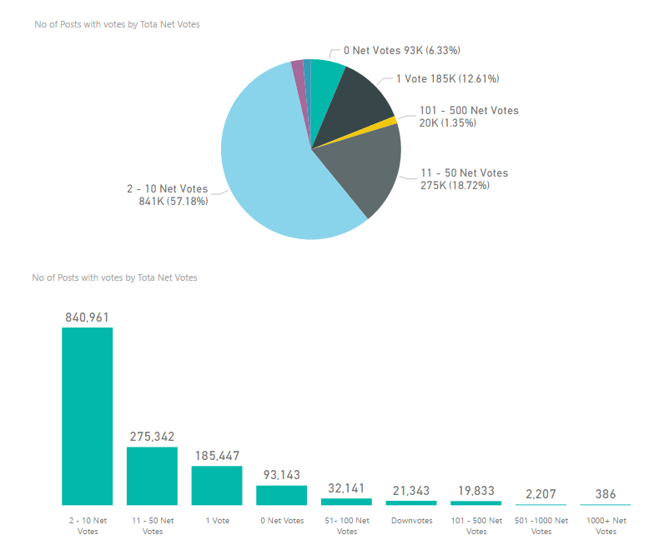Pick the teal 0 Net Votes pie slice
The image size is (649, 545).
(x=325, y=83)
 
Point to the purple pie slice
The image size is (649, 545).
(x=298, y=75)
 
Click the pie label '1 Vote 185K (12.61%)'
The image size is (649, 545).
(x=447, y=79)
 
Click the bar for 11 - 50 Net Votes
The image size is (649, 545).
(x=152, y=475)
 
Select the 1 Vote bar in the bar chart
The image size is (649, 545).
(x=217, y=485)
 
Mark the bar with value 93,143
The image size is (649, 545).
(x=281, y=495)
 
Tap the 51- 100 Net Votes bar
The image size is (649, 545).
(x=346, y=502)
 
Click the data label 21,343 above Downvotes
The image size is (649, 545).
(x=410, y=489)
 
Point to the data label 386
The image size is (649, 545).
(x=606, y=494)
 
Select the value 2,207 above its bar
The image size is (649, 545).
(x=541, y=493)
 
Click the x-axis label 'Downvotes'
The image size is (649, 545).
(x=410, y=521)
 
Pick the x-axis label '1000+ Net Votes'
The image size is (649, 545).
(x=606, y=526)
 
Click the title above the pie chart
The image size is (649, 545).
(x=117, y=24)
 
